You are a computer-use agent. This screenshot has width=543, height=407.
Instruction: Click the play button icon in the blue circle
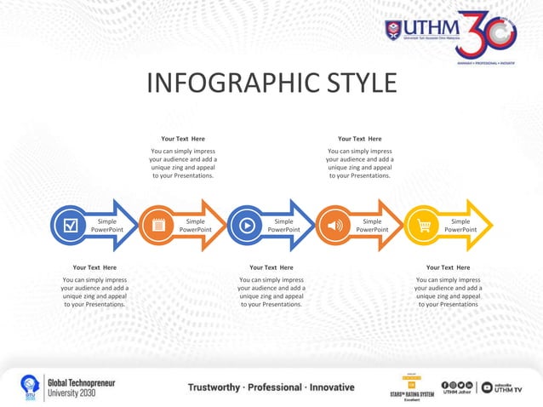247,226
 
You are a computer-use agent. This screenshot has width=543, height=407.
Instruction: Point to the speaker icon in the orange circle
335,226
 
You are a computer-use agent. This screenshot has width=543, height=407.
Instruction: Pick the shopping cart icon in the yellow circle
424,226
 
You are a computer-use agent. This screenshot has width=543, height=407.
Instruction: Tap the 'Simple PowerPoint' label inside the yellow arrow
460,226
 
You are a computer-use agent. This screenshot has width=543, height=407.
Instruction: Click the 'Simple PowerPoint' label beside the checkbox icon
107,226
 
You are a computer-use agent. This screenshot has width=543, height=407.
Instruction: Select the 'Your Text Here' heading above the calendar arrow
183,139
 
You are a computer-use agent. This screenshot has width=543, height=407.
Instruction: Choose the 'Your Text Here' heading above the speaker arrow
359,139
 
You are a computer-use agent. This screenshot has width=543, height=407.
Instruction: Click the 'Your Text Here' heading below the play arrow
271,267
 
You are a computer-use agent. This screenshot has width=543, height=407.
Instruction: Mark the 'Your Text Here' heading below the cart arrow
448,267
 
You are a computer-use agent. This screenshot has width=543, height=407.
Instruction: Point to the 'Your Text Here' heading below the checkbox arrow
94,267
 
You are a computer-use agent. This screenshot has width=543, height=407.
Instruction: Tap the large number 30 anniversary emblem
486,34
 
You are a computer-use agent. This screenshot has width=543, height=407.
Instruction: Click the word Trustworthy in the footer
219,387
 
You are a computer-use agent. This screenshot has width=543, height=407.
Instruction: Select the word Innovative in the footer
328,387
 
